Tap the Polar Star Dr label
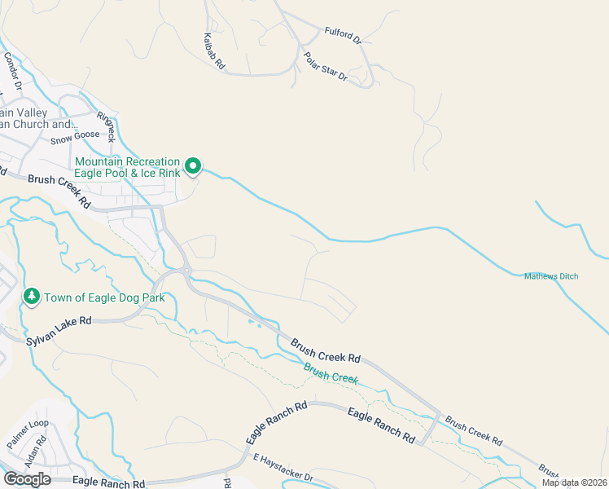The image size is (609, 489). [x=325, y=67]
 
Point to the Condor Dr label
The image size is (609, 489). [x=11, y=71]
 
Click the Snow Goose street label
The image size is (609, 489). [x=75, y=135]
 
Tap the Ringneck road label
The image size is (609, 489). [x=107, y=127]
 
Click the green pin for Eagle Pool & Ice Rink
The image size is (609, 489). [x=193, y=166]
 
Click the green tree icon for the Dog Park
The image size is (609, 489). [x=32, y=297]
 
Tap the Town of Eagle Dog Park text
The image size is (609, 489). [x=104, y=297]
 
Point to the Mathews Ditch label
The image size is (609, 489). [x=551, y=276]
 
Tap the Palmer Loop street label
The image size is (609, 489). [x=28, y=435]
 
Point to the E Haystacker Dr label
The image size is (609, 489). [x=283, y=467]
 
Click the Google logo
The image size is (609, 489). [x=26, y=478]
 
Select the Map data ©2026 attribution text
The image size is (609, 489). [x=574, y=482]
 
